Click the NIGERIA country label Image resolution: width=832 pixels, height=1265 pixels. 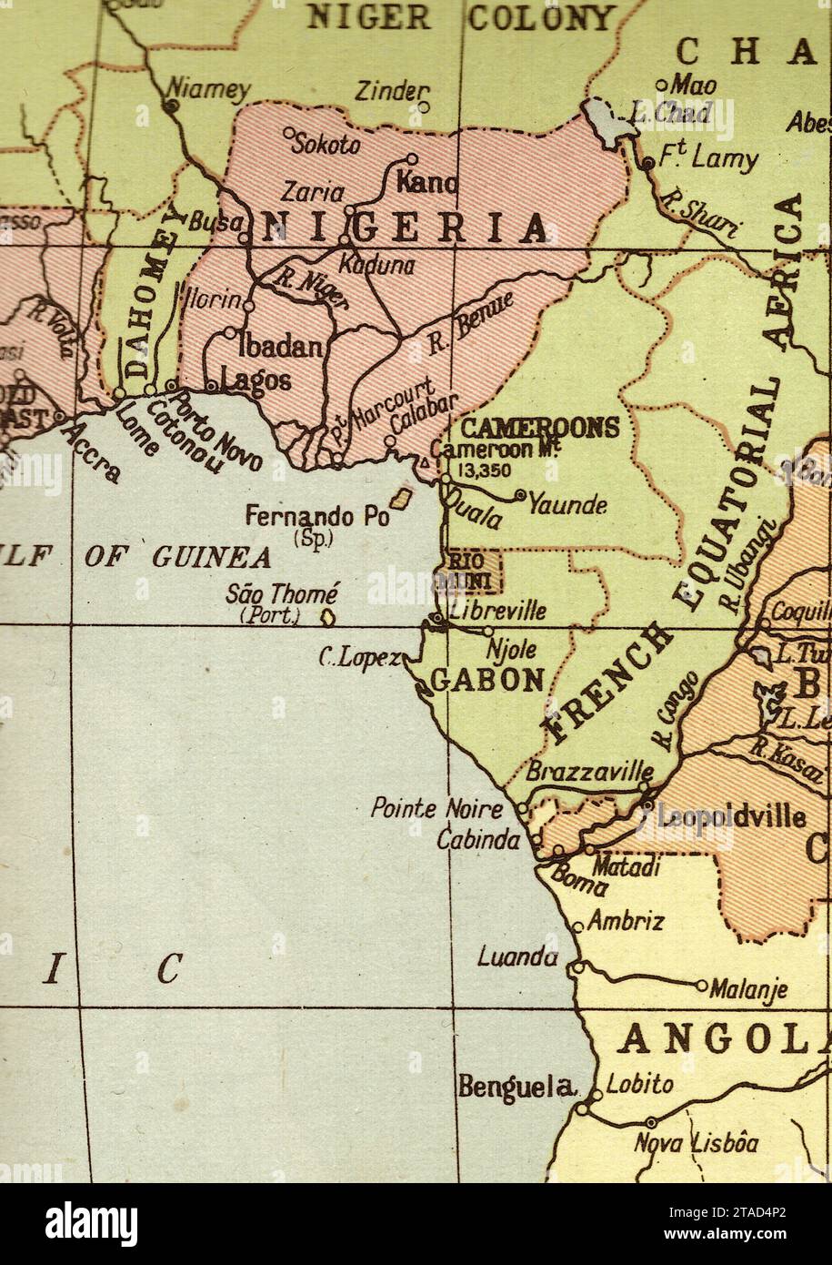(x=406, y=228)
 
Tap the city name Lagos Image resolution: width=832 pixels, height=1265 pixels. (x=256, y=379)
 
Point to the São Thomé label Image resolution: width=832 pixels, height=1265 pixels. (x=282, y=594)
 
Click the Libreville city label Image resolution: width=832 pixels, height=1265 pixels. (x=497, y=610)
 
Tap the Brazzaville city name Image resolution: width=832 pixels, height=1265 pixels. (x=589, y=772)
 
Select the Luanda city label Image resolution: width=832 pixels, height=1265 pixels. (x=517, y=956)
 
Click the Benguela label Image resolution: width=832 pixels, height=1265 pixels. (x=518, y=1086)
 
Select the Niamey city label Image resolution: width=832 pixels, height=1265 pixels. (x=208, y=89)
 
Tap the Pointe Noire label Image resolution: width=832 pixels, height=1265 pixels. (x=436, y=808)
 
